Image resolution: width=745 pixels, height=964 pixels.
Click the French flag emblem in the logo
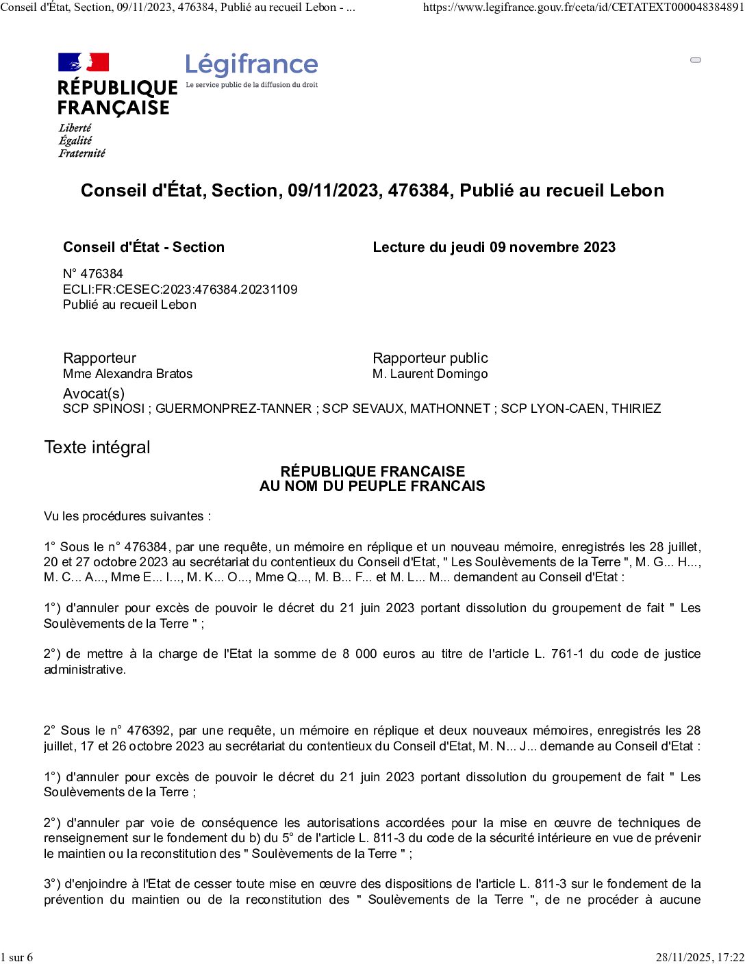click(x=84, y=62)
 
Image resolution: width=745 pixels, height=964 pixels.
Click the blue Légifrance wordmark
click(x=251, y=65)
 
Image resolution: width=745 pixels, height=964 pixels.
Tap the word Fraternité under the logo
click(x=81, y=153)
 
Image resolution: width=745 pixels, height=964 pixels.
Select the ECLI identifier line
click(x=180, y=289)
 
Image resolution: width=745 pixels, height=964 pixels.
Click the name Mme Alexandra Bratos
click(x=127, y=374)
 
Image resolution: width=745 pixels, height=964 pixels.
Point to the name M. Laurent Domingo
click(x=430, y=374)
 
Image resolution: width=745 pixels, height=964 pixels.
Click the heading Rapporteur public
click(x=430, y=358)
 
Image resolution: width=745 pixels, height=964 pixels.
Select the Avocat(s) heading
click(x=94, y=394)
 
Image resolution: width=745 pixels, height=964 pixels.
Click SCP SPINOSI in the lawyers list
click(x=103, y=409)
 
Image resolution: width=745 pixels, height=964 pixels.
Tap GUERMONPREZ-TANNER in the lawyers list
click(x=233, y=409)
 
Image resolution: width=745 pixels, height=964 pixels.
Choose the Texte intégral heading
click(x=97, y=448)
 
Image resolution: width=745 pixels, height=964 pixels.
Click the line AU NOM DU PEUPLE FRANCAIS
click(x=372, y=486)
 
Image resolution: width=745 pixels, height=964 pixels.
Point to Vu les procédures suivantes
click(x=127, y=516)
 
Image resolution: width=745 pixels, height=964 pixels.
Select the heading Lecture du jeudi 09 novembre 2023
click(x=494, y=247)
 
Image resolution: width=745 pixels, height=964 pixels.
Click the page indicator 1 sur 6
click(x=16, y=957)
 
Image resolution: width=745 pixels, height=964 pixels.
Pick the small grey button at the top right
click(x=696, y=60)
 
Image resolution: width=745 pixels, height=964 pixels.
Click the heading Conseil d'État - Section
click(x=144, y=247)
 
